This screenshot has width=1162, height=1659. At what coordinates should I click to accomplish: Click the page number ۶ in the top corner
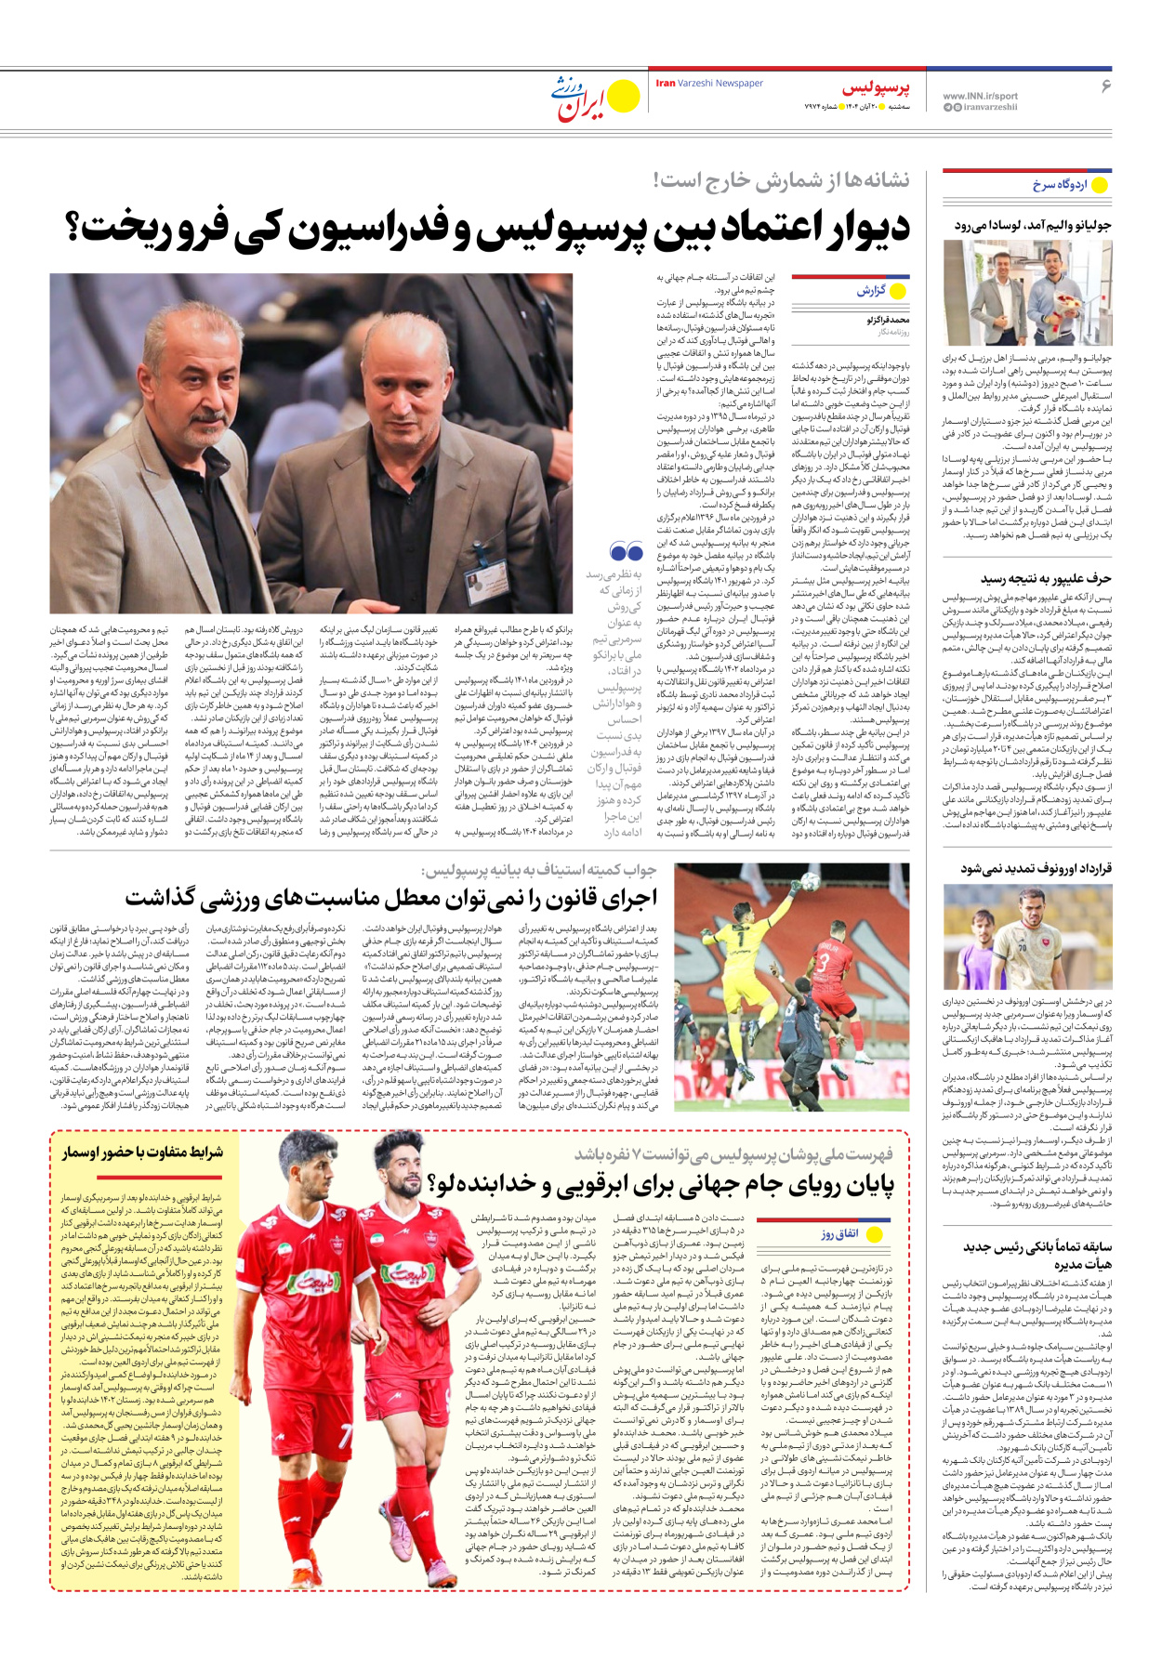pos(1105,86)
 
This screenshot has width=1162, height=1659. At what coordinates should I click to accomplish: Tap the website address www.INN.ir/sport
pos(980,96)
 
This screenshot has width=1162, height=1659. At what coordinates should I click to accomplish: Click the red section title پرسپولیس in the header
pos(876,88)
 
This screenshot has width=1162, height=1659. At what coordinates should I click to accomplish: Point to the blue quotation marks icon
pos(627,552)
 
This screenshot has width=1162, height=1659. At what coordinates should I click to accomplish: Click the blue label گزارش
pos(871,291)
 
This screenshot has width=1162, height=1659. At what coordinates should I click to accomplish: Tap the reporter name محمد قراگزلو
pos(887,320)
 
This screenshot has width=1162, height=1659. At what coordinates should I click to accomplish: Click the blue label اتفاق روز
pos(839,1234)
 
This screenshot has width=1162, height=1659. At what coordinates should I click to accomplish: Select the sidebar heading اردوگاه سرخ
pos(1059,185)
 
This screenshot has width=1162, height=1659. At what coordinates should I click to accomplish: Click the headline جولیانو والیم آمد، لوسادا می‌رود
pos(1032,225)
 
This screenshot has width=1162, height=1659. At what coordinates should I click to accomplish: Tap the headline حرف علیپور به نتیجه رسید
pos(1045,578)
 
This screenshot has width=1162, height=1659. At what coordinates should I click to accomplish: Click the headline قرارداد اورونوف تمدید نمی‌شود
pos(1036,868)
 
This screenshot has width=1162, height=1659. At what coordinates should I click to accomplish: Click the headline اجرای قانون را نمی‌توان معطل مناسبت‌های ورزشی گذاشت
pos(390,898)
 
